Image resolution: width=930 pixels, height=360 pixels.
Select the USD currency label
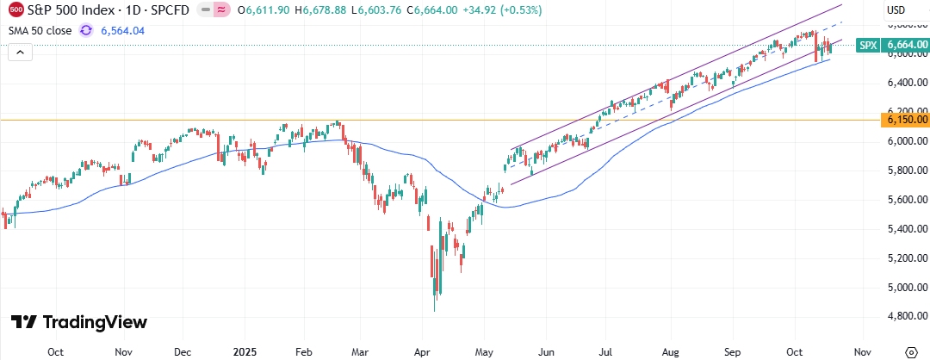pos(896,10)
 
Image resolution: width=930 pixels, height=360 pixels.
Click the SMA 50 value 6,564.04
pos(122,30)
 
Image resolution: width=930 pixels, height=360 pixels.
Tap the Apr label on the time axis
pos(423,351)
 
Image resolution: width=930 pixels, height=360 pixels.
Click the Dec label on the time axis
pos(183,351)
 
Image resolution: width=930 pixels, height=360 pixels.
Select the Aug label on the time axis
pos(672,351)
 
